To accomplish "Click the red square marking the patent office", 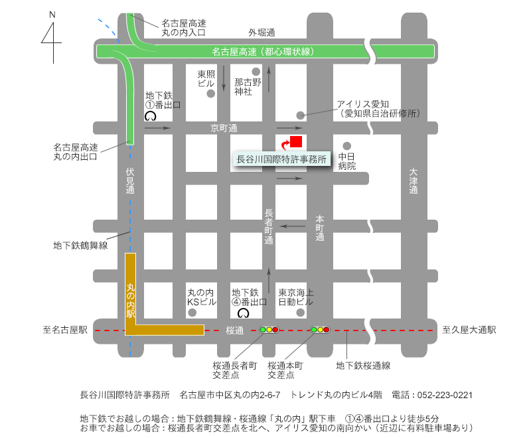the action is pos(296,141).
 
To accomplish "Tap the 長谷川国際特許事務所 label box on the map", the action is pos(282,159).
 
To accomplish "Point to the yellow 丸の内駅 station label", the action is pos(130,296).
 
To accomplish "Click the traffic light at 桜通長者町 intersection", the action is pos(269,329).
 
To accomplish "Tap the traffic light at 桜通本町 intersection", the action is pos(320,329).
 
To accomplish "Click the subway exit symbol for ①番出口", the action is pos(150,115).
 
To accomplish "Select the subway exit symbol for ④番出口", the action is pos(243,313).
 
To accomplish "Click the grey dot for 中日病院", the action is pos(346,146).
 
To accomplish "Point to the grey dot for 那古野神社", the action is pos(255,71).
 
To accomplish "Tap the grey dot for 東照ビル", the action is pos(211,94).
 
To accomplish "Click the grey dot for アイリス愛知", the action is pos(300,115).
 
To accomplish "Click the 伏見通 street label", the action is pos(130,180).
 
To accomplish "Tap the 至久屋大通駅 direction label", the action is pos(469,330).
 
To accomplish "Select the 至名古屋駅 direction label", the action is pos(66,330).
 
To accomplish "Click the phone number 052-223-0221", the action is pos(445,394).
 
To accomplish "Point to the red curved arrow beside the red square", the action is pos(285,143).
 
